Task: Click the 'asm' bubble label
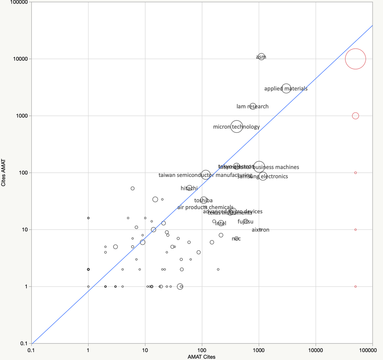pos(261,57)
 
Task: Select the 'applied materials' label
pos(286,89)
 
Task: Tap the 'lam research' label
pos(253,106)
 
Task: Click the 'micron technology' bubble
pos(237,127)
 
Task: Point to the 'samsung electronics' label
pos(263,177)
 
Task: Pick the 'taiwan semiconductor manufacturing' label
pos(205,175)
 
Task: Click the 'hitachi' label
pos(189,188)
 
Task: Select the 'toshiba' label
pos(203,200)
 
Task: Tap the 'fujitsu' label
pos(245,221)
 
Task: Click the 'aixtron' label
pos(260,230)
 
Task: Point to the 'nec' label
pos(237,239)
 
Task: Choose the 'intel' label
pos(220,223)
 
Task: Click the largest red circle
pos(355,59)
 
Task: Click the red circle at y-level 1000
pos(355,116)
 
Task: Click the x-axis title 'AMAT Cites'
pos(202,357)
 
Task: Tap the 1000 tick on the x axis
pos(259,350)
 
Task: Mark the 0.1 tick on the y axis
pos(24,343)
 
